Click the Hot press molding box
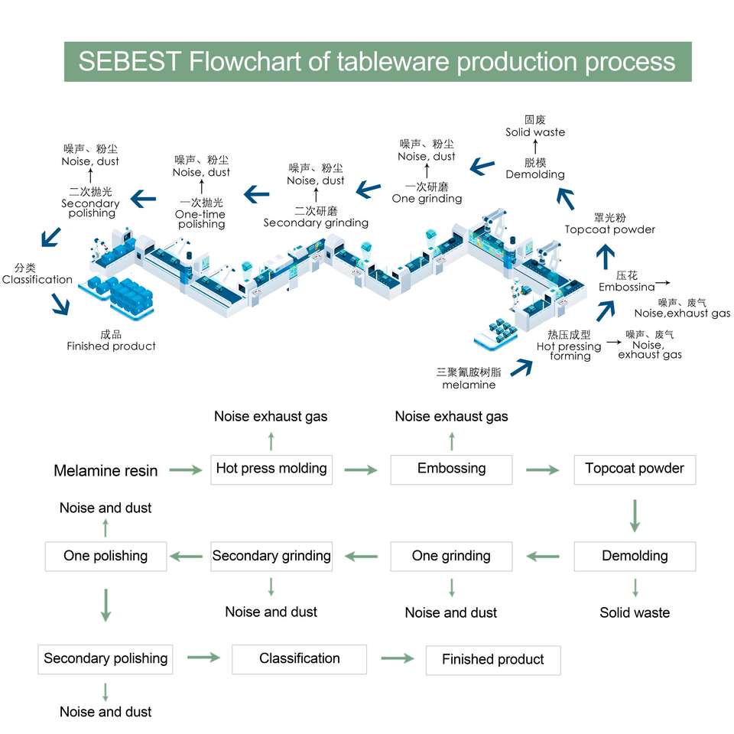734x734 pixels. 271,469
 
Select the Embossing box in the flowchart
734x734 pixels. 451,469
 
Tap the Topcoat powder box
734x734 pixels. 635,469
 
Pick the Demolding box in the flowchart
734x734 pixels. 635,556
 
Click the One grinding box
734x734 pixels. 451,556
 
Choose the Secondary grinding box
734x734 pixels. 271,556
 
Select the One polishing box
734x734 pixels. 106,556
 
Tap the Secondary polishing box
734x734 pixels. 106,658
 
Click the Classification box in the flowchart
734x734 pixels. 299,658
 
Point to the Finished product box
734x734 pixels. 493,659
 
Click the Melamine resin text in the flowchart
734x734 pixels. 106,471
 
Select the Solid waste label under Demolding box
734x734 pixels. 635,612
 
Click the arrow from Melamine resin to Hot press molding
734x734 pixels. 185,469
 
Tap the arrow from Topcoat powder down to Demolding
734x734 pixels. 635,515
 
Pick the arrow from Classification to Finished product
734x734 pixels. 397,658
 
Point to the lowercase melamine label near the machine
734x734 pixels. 469,385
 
